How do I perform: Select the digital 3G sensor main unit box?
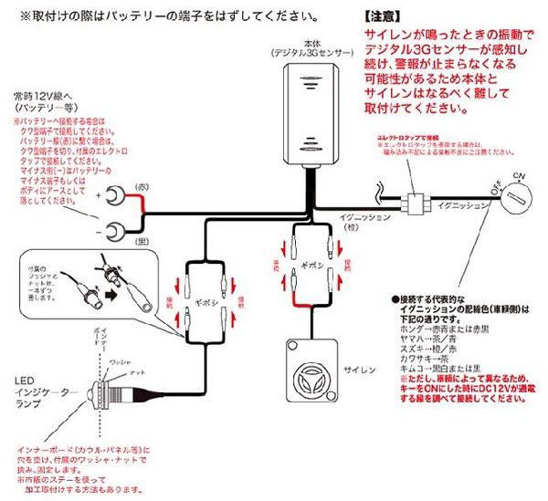pyautogui.click(x=312, y=115)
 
